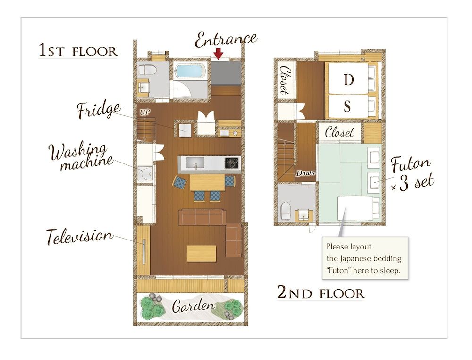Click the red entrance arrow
218,54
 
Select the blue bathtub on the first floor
190,73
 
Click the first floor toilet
147,70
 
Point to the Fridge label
99,111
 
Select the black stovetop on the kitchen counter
232,163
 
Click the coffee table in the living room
202,253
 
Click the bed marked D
348,80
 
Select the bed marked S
347,107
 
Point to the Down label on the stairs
305,173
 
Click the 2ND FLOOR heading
320,293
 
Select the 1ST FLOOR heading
77,51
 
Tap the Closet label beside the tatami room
339,132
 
